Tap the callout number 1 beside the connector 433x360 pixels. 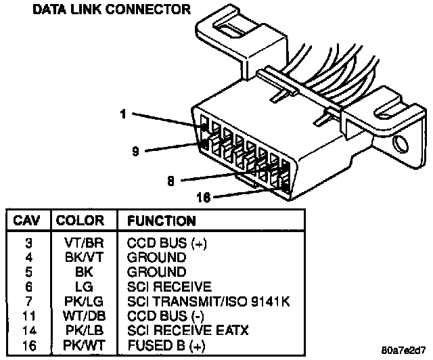coord(123,114)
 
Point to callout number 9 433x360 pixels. coord(135,151)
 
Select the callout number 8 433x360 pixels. coord(171,181)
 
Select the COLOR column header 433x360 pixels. coord(80,221)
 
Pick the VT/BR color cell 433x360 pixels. coord(80,242)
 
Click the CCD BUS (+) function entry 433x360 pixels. coord(165,242)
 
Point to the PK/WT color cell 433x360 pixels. coord(80,346)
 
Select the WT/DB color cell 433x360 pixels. coord(80,316)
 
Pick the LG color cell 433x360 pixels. coord(80,286)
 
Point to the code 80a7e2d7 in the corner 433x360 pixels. coord(404,351)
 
